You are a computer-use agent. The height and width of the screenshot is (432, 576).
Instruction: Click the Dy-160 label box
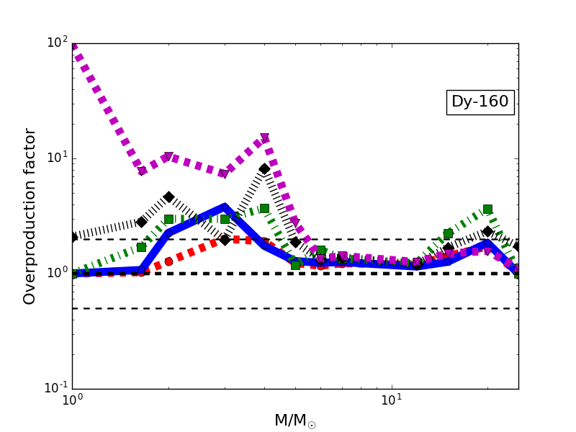tap(480, 102)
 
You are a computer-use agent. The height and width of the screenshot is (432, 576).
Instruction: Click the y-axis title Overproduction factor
tap(30, 216)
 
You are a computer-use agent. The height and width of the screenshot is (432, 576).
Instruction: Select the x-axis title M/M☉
tap(294, 421)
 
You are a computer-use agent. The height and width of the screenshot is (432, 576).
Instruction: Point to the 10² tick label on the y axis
tap(57, 42)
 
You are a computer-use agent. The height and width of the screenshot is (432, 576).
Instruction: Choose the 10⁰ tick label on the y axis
tap(57, 273)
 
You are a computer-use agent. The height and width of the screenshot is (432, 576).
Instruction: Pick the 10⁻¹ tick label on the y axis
tap(55, 388)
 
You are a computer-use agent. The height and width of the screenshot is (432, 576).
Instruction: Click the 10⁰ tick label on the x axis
tap(72, 400)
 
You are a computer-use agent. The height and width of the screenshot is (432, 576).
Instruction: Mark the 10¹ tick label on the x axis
tap(391, 400)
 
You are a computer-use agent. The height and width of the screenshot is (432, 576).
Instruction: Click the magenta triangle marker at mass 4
tap(264, 138)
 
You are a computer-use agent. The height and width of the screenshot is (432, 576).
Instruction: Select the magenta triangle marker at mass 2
tap(168, 157)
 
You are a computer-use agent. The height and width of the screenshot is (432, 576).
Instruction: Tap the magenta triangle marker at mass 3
tap(224, 174)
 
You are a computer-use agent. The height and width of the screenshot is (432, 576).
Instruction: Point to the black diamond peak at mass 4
tap(264, 168)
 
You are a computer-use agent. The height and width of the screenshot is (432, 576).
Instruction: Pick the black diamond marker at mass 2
tap(168, 197)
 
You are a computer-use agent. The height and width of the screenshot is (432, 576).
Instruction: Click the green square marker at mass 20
tap(487, 209)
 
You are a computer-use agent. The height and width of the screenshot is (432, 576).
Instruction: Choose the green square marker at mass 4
tap(264, 208)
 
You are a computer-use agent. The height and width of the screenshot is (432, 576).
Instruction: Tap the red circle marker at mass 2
tap(168, 261)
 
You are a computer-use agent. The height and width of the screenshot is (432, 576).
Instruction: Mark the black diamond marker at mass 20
tap(487, 231)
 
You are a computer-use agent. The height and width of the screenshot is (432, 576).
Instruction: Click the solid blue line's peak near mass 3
tap(224, 207)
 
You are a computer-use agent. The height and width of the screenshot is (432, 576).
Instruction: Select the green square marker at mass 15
tap(448, 233)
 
